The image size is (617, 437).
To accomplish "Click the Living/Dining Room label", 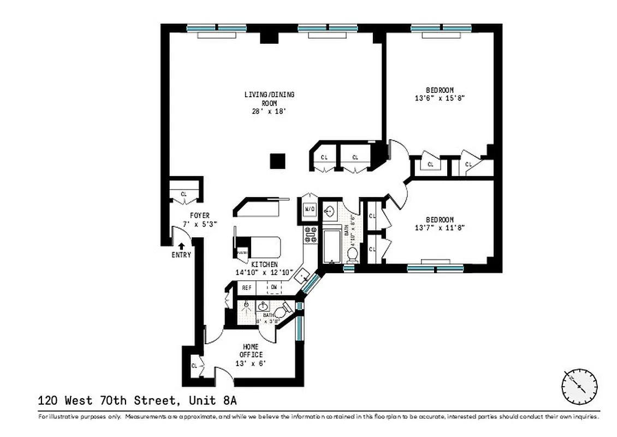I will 269,98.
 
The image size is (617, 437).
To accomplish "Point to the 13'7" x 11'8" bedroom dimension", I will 440,228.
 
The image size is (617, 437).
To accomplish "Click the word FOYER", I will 199,216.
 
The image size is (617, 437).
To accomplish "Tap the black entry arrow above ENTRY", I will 181,246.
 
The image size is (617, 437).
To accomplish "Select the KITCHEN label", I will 264,264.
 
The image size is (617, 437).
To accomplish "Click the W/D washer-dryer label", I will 309,209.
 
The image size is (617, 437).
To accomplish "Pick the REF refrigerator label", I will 246,287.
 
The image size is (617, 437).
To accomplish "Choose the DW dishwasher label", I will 274,287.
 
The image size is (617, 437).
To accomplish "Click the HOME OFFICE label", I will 251,350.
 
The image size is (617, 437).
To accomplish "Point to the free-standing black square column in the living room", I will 278,161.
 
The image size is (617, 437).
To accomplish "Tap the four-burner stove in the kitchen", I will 310,235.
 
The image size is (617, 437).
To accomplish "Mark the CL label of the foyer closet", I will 183,194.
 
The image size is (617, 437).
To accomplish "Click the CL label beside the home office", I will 194,365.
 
